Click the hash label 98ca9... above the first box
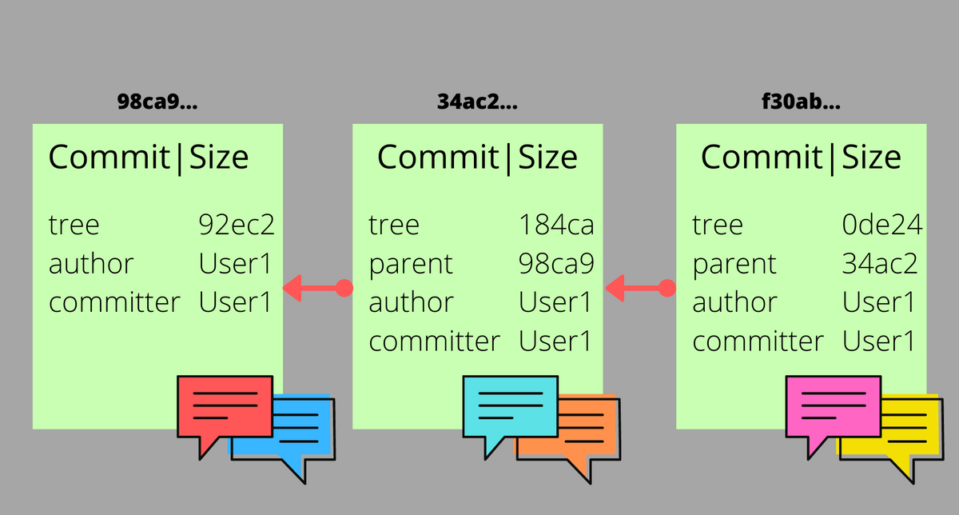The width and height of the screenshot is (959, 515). point(157,103)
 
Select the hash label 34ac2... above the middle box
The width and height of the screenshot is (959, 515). point(478,103)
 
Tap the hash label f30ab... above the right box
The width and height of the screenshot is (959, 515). point(802,103)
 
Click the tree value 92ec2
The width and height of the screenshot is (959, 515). point(236,225)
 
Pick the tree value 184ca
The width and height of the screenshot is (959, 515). point(556,225)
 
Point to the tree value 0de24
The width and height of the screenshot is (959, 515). point(882,225)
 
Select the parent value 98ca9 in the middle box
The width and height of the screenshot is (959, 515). point(556,264)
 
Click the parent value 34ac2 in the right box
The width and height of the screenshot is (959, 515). point(878,264)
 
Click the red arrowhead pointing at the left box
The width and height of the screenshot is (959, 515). point(293,288)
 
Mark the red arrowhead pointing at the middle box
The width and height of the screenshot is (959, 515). point(615,288)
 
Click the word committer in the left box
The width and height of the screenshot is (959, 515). point(115,303)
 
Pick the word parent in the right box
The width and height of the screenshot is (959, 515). point(734,264)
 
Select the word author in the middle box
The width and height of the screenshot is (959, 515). point(411,303)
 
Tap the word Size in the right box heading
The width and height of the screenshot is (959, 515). point(872,158)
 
